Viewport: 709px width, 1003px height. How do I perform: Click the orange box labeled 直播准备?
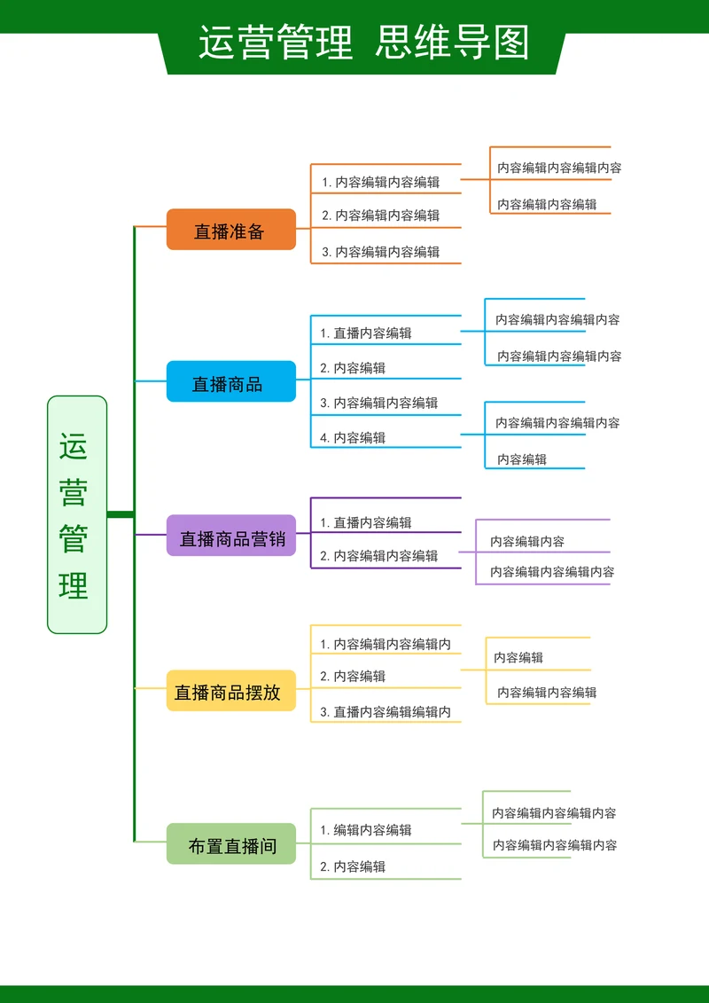click(x=230, y=230)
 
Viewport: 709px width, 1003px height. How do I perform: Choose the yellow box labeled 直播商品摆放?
click(x=230, y=691)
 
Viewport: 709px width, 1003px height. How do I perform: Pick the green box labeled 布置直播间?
click(x=230, y=844)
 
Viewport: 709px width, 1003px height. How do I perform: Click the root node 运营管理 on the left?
click(x=76, y=514)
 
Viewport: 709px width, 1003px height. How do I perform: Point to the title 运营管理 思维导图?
click(x=363, y=42)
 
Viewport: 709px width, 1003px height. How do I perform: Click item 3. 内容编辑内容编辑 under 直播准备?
click(x=380, y=252)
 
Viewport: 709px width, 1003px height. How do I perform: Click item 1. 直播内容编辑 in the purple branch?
click(x=366, y=523)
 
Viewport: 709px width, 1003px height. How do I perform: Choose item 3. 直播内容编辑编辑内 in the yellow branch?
click(x=386, y=712)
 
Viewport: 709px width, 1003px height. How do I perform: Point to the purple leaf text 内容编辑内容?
click(x=527, y=542)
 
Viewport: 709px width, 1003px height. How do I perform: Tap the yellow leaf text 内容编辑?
click(x=518, y=658)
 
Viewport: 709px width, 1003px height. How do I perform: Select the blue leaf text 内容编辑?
click(x=522, y=459)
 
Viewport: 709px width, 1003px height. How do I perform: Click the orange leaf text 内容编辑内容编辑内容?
click(x=559, y=168)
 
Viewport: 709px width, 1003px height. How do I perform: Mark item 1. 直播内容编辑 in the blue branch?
click(x=366, y=333)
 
